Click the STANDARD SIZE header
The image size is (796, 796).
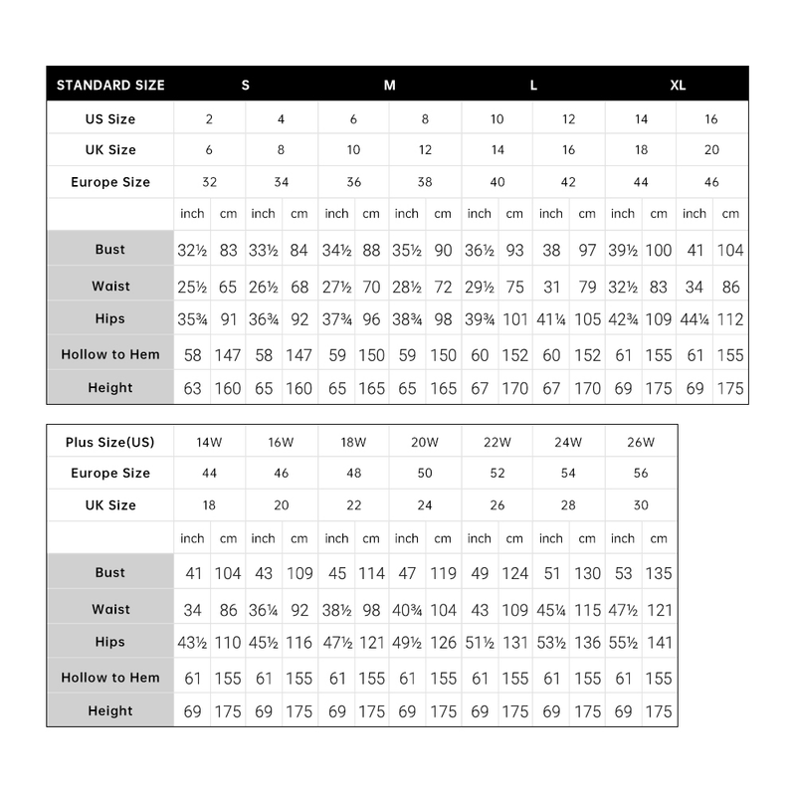pos(110,85)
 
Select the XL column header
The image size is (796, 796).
pos(678,85)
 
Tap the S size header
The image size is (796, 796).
pos(246,85)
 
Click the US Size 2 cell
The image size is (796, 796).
pos(209,119)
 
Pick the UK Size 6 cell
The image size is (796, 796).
pos(209,150)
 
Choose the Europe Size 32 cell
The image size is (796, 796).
pos(209,182)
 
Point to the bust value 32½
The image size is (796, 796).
pos(192,250)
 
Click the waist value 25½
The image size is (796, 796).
pos(192,287)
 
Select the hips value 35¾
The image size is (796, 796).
pos(192,320)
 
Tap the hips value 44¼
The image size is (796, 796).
pos(695,320)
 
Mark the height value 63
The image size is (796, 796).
pos(192,388)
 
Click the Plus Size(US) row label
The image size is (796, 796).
pos(110,441)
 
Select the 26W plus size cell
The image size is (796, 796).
pos(641,441)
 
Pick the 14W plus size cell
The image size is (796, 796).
pos(209,441)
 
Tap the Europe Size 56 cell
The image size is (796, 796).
pos(641,474)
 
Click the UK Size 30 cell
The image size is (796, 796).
pos(641,505)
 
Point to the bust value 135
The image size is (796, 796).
pos(659,573)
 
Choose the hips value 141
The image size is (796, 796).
pos(659,643)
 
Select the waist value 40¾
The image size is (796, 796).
pos(407,609)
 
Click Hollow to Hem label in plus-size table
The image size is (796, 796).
pos(110,678)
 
